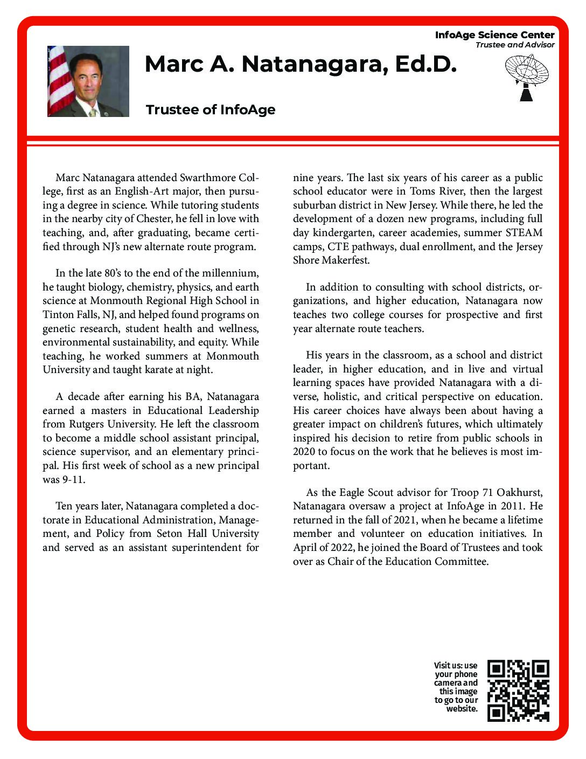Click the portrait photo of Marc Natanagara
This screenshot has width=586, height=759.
88,81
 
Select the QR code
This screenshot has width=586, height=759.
518,691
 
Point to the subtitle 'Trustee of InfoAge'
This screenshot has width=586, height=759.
211,110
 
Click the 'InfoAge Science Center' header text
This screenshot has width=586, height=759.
494,35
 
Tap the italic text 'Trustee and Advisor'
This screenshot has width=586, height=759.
514,45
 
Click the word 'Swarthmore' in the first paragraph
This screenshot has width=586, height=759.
208,178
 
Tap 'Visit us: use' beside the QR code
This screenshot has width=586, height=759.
456,666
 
